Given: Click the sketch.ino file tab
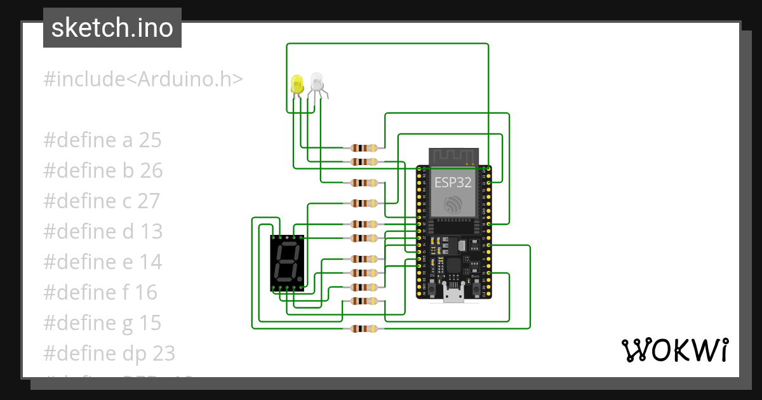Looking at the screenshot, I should (x=112, y=28).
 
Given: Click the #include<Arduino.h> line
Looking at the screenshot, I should (x=143, y=79).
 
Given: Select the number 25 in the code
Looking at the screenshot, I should (x=150, y=140).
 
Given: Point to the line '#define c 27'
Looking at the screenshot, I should (x=102, y=201).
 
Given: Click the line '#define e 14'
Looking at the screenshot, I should (x=102, y=262).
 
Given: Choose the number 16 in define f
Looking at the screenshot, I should (x=145, y=293).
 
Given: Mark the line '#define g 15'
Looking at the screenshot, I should (x=102, y=323).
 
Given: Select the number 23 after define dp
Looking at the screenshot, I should (x=162, y=354).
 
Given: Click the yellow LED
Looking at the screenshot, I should (x=297, y=84).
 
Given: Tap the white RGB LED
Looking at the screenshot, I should (x=316, y=82).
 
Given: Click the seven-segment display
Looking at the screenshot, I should (x=287, y=262).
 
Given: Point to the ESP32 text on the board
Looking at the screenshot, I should (x=453, y=183).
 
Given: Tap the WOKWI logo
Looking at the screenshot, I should (x=674, y=350).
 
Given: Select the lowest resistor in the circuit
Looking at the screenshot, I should (x=364, y=329).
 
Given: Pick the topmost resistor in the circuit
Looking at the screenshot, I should (x=364, y=147).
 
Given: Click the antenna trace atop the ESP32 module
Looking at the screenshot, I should (x=453, y=155).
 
